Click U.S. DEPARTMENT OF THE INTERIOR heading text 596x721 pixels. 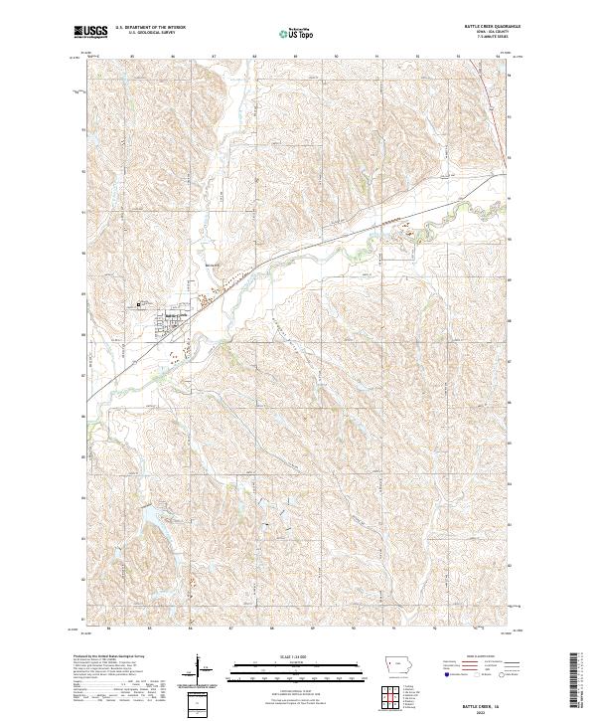click(x=151, y=28)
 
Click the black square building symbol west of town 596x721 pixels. click(x=138, y=304)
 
